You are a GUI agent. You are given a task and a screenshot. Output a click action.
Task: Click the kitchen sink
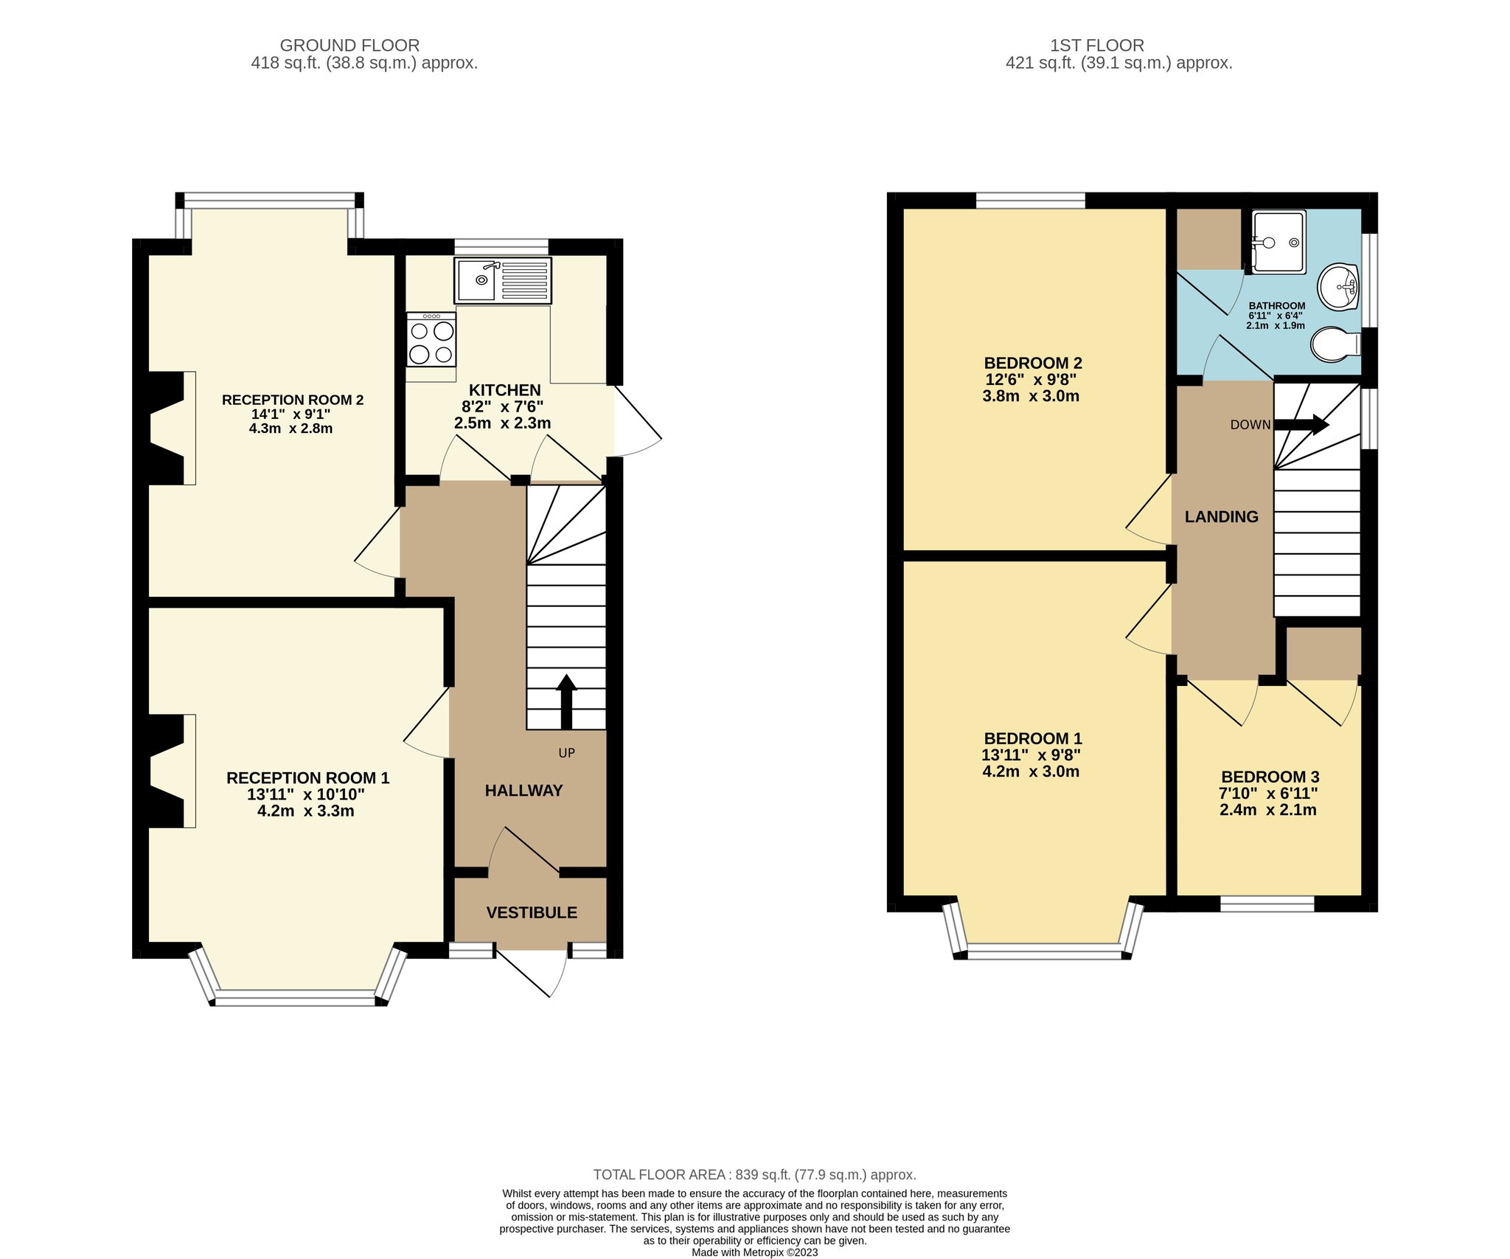(x=504, y=280)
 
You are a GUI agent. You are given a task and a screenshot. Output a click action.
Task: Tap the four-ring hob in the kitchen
(x=431, y=339)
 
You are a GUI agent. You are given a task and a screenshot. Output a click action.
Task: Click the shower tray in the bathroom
(x=1279, y=242)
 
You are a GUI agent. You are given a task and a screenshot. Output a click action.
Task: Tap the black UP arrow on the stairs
(x=566, y=701)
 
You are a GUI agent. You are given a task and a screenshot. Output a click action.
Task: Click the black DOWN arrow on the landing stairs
(x=1301, y=424)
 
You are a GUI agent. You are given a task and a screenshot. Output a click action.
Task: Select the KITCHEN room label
(x=505, y=390)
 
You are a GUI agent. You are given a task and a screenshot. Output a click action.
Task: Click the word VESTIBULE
(x=532, y=912)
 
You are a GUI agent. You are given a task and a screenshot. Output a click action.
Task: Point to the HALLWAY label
(x=523, y=791)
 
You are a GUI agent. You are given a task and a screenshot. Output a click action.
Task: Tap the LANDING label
(x=1222, y=517)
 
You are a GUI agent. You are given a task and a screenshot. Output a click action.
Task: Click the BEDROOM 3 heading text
(x=1270, y=777)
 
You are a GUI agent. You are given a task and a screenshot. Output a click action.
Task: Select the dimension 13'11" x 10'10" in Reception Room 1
(x=306, y=794)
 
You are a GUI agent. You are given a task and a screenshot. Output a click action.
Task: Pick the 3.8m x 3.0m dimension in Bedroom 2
(x=1031, y=396)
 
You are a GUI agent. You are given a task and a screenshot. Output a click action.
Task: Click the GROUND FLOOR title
(x=349, y=46)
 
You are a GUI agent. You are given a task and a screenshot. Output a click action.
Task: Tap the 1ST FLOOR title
(x=1097, y=46)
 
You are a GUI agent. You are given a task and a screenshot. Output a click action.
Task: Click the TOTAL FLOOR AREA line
(x=755, y=1175)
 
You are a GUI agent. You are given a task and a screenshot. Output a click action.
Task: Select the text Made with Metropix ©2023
(x=754, y=1252)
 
